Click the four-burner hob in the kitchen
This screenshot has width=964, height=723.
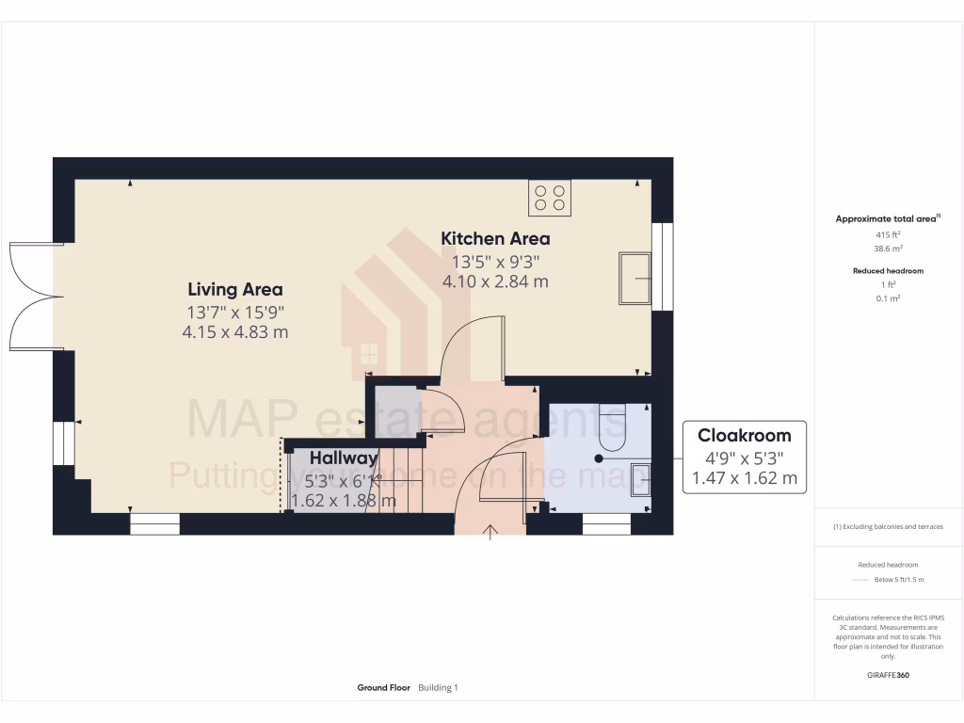[550, 197]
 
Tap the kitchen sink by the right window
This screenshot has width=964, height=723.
[635, 278]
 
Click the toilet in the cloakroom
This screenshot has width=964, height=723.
[612, 426]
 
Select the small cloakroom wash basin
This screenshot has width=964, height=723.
[640, 478]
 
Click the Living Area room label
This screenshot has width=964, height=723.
[234, 289]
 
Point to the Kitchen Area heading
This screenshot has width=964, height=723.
[495, 238]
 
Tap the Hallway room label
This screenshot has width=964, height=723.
[344, 458]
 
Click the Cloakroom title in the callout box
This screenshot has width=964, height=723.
[744, 435]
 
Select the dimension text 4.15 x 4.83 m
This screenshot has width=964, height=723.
[234, 332]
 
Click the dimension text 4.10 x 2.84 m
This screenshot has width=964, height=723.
[495, 281]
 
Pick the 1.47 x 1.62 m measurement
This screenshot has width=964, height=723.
[744, 478]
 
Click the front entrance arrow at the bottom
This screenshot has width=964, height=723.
[490, 534]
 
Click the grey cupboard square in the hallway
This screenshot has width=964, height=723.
[396, 409]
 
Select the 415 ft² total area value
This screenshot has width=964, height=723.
[888, 234]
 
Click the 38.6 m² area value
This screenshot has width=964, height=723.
[888, 249]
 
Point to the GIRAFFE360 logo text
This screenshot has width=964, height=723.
[888, 675]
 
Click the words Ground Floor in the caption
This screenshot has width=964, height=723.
[383, 688]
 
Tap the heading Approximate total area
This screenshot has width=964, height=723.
[886, 219]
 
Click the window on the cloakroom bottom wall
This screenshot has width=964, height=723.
[606, 524]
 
